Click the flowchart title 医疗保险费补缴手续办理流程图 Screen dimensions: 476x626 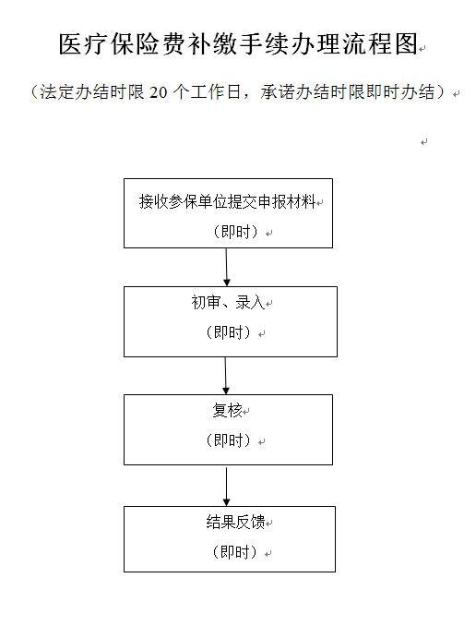238,43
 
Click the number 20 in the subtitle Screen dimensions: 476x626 159,92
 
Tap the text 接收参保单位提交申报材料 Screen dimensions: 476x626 228,201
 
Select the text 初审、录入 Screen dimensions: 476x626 228,302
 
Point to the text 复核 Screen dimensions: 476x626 228,410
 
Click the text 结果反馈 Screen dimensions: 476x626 235,522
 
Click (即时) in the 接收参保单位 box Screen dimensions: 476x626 236,232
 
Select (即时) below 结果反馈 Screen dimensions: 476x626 235,552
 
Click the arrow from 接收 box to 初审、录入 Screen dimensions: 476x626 227,267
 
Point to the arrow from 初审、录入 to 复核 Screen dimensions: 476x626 225,376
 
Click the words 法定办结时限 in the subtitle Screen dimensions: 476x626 92,92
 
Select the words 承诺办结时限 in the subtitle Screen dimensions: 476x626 313,92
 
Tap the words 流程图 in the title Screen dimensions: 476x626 379,43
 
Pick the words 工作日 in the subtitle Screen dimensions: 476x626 216,92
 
